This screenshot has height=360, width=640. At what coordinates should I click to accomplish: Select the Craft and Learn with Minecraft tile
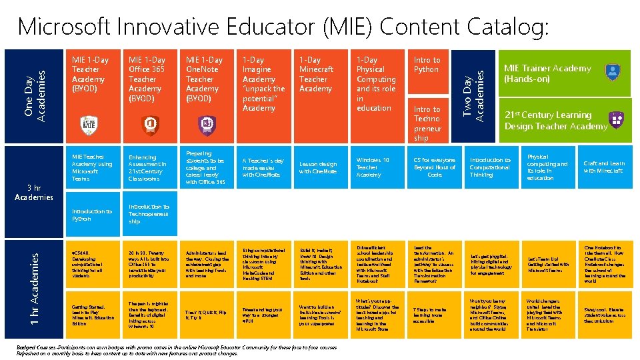(x=604, y=167)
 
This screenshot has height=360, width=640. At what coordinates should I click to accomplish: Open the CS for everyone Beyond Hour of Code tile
(x=435, y=167)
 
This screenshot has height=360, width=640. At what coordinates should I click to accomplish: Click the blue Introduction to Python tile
(x=92, y=215)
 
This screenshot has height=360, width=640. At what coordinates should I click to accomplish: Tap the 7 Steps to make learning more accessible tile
(x=435, y=314)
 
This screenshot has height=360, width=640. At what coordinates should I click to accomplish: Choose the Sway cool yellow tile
(x=604, y=314)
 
